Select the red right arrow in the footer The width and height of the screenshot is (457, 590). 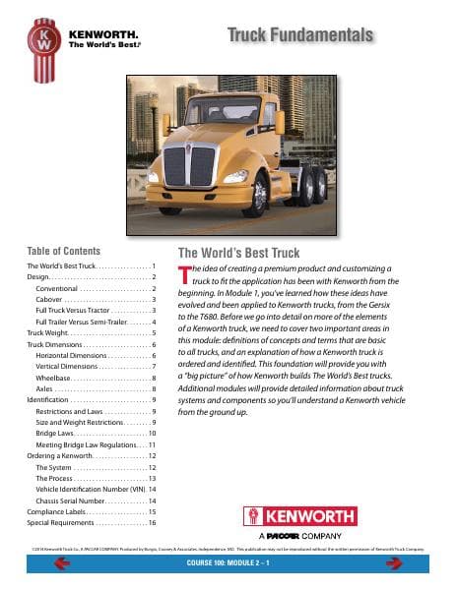(394, 563)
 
